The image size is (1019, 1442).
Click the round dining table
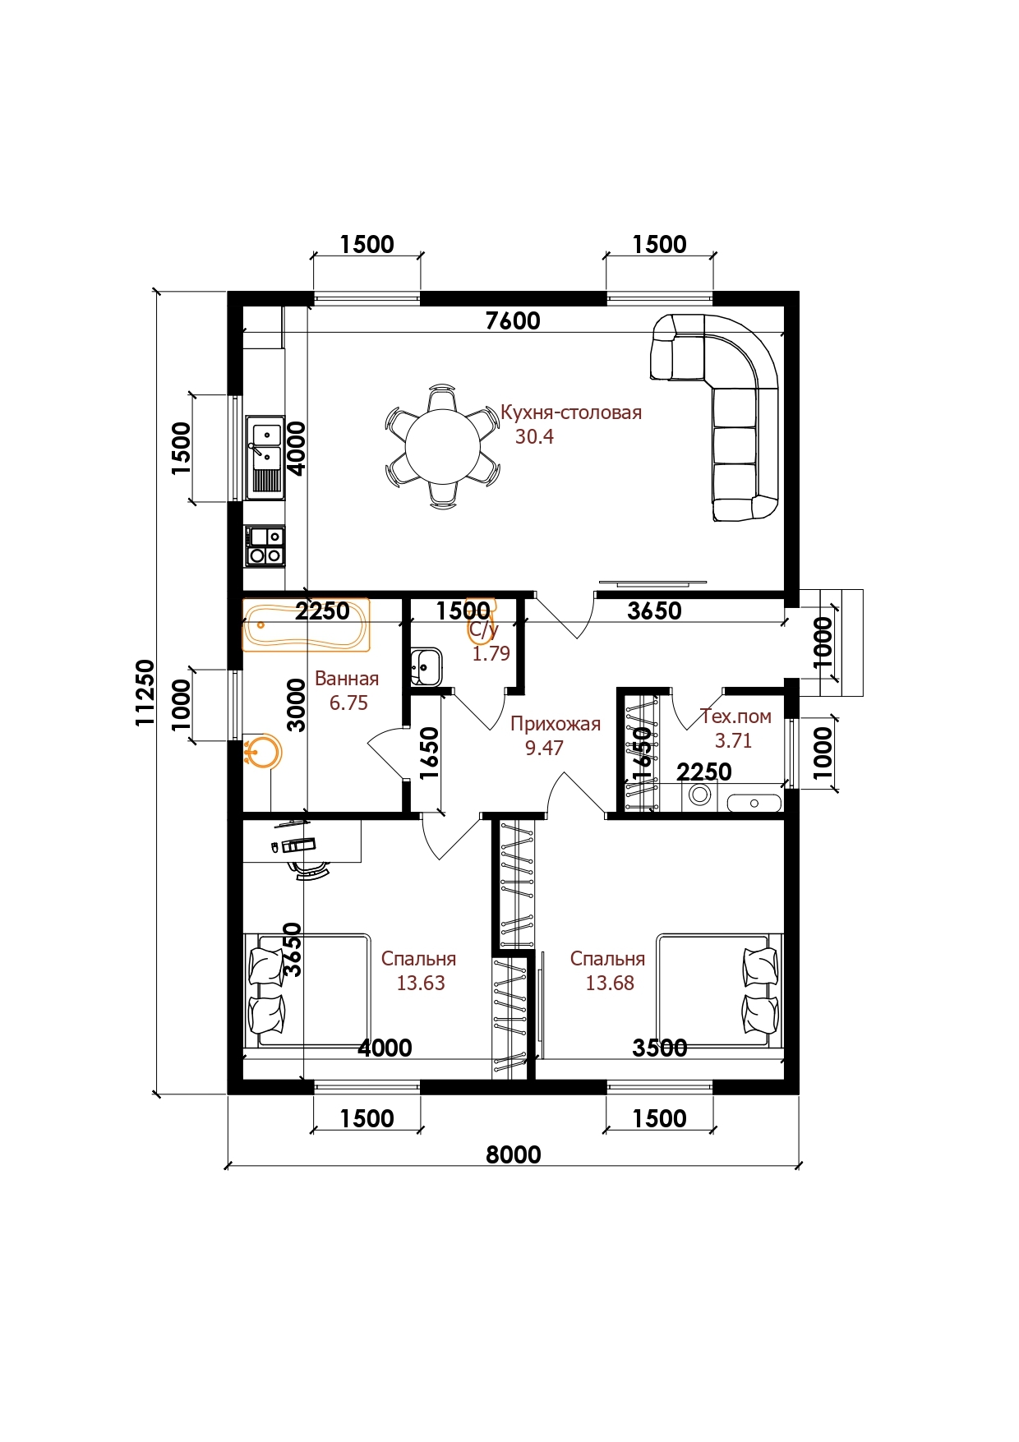[x=443, y=446]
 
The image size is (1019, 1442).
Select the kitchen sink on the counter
[x=265, y=456]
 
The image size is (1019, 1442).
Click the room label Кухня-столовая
[x=571, y=412]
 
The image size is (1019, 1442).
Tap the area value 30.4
[x=534, y=437]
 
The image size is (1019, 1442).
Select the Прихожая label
[x=556, y=724]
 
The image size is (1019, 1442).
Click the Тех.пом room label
[x=735, y=716]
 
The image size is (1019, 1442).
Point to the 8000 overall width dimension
[x=514, y=1154]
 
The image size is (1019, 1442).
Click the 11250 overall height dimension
[x=145, y=693]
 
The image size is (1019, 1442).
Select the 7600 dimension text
[x=513, y=320]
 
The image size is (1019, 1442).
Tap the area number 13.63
[x=421, y=984]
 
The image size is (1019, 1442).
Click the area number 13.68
[x=610, y=984]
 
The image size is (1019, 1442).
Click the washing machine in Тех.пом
[x=700, y=795]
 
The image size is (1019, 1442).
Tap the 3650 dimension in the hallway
[x=654, y=610]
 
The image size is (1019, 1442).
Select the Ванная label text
[x=347, y=680]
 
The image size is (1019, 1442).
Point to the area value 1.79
[x=491, y=654]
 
